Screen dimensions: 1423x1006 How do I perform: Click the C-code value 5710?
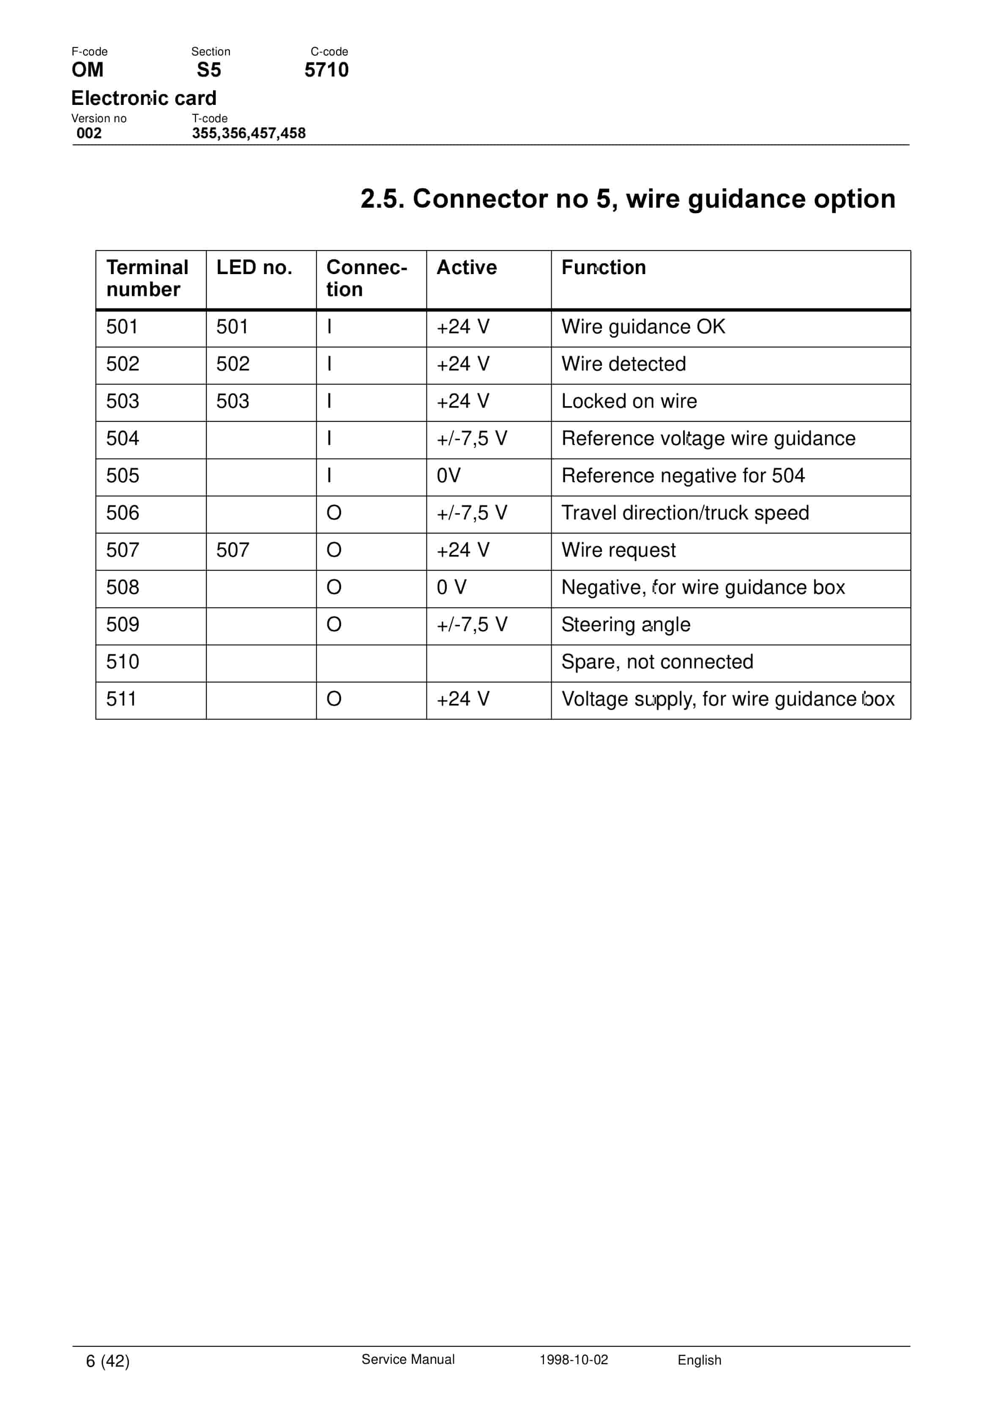coord(326,70)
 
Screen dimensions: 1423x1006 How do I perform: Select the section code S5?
coord(209,70)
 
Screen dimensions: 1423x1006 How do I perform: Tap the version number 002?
coord(89,133)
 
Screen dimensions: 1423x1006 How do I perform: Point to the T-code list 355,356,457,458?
coord(249,133)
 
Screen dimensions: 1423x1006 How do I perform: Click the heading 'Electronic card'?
coord(144,98)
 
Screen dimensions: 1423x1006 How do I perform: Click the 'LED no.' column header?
coord(254,267)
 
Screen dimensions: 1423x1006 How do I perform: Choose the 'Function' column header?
coord(603,267)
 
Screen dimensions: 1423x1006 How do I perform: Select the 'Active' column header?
coord(467,267)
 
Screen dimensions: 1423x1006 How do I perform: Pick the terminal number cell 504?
coord(123,439)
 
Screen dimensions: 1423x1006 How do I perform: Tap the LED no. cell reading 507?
coord(233,550)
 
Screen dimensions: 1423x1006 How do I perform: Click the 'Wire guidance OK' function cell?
coord(643,327)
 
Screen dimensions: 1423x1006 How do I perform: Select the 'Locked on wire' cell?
coord(629,401)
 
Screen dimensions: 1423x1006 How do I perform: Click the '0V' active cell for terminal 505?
coord(448,476)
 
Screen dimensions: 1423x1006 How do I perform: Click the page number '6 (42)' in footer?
coord(108,1361)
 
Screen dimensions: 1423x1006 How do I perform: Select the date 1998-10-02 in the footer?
coord(574,1360)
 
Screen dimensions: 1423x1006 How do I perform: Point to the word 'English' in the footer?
coord(700,1360)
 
